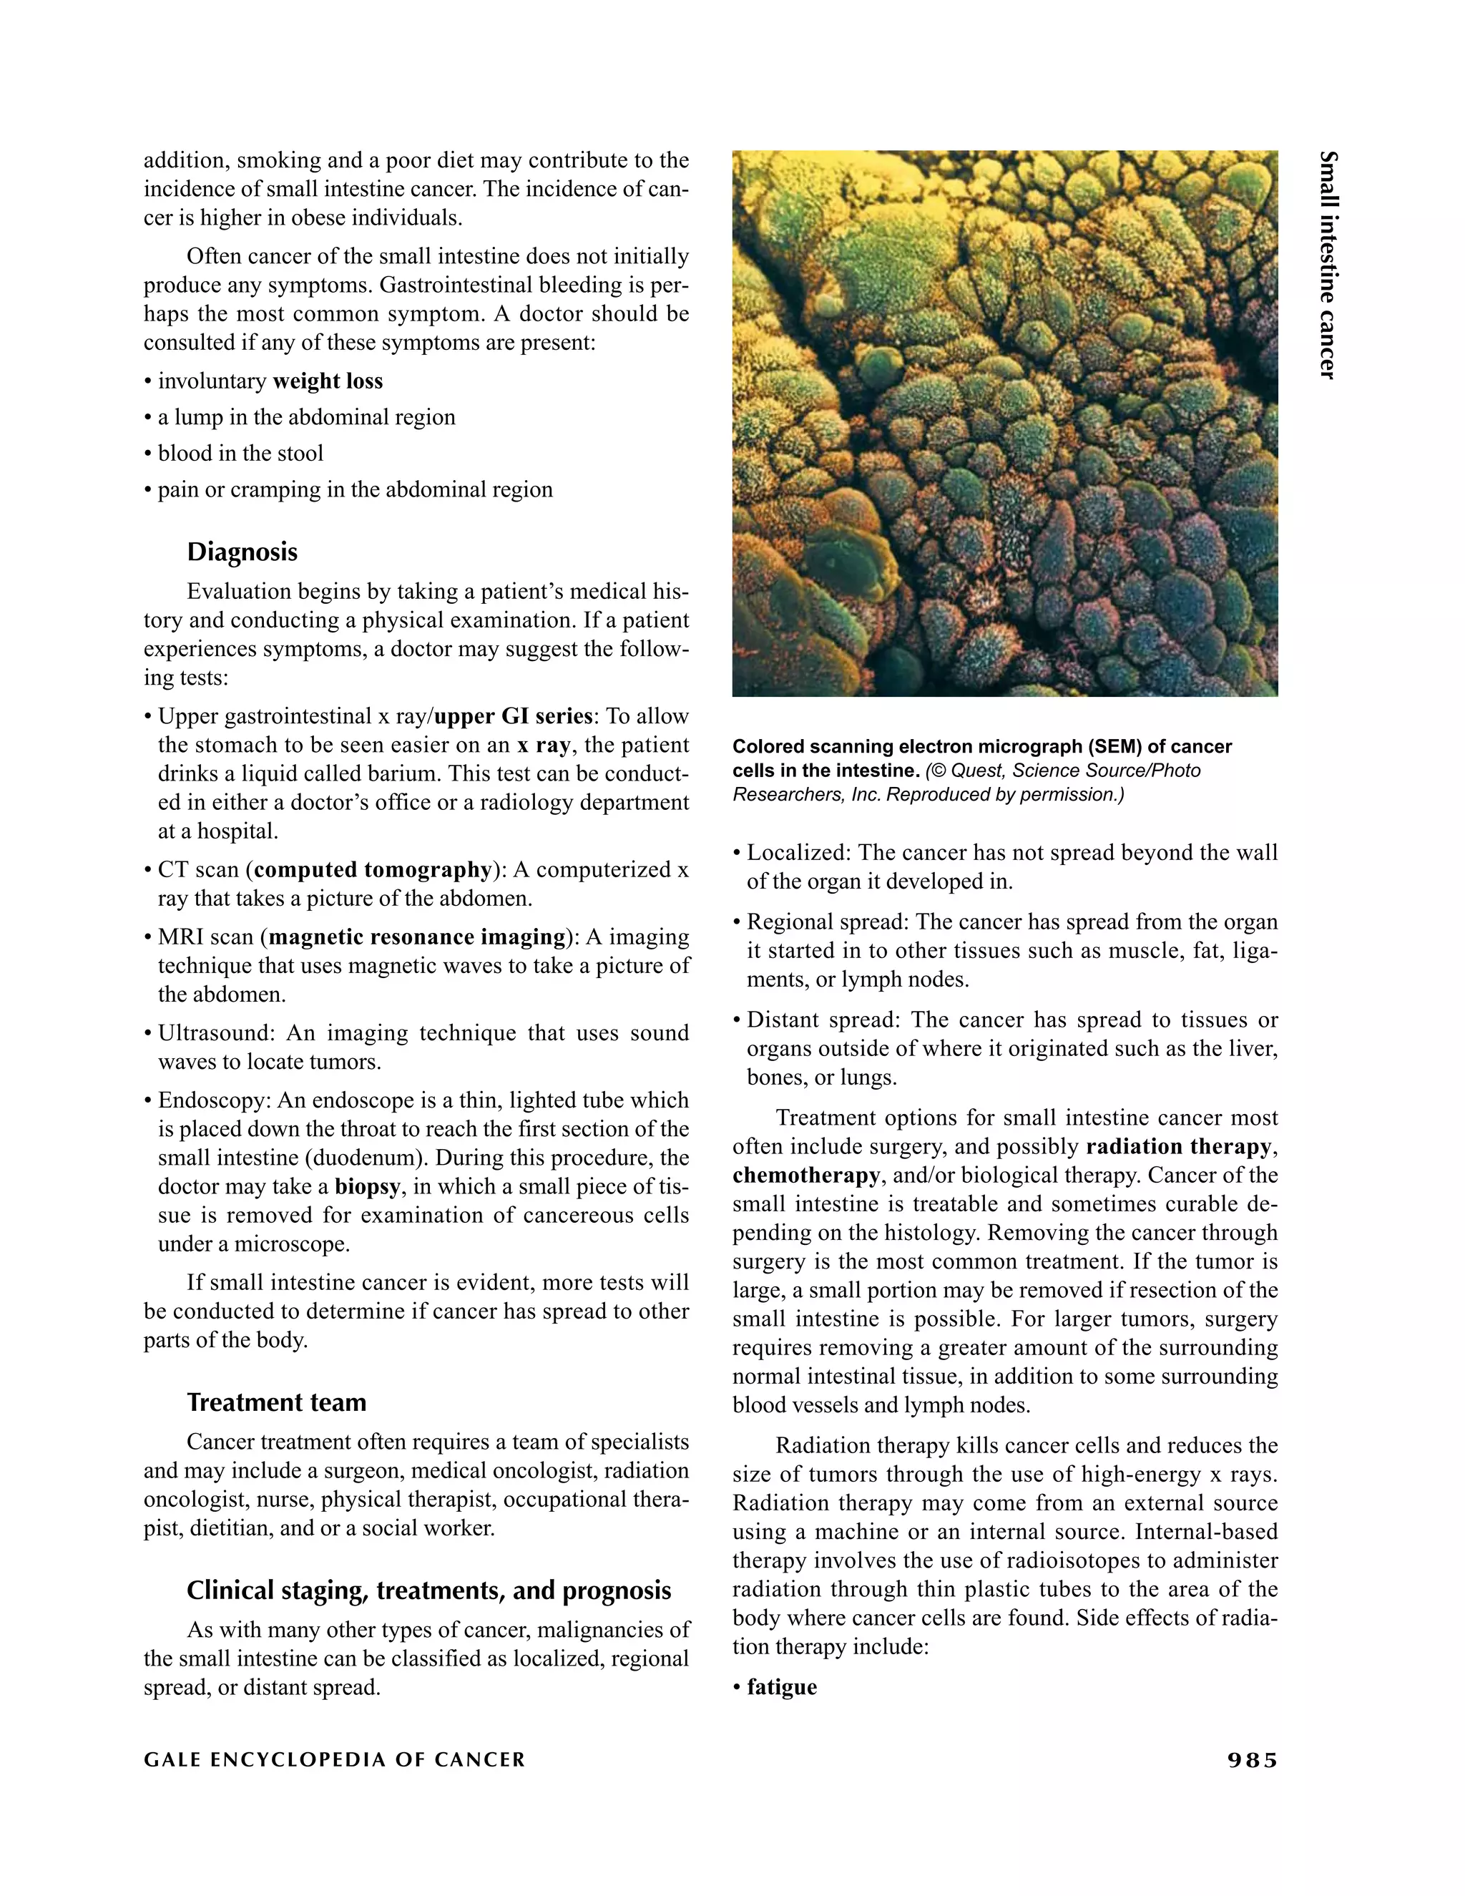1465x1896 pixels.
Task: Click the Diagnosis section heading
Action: point(242,552)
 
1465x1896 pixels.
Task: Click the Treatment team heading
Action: point(276,1402)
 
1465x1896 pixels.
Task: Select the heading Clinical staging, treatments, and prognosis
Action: point(428,1590)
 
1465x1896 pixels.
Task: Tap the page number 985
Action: point(1253,1761)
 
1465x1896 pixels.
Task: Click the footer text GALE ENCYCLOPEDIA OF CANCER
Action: point(334,1761)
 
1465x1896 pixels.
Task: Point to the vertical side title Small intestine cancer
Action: point(1328,265)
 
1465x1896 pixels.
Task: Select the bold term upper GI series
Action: point(513,716)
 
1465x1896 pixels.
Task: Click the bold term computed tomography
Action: point(373,870)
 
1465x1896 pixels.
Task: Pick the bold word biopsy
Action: point(367,1187)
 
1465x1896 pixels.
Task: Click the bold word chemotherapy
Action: point(806,1176)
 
